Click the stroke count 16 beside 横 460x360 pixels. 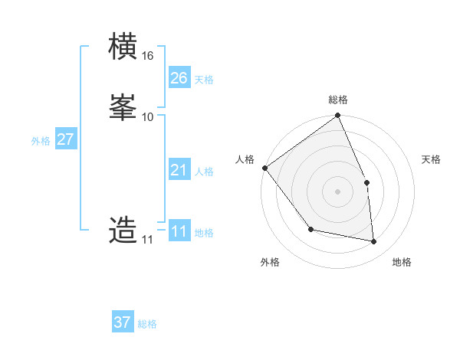[x=148, y=56]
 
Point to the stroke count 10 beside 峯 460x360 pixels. [x=148, y=116]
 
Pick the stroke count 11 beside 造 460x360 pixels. [x=147, y=240]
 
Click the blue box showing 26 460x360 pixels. [x=179, y=78]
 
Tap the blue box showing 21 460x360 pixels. [x=179, y=170]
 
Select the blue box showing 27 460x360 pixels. [x=66, y=139]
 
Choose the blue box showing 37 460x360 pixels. [x=123, y=322]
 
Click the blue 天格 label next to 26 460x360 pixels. [x=204, y=80]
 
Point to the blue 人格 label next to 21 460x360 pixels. [x=204, y=172]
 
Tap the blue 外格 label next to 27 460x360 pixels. [x=41, y=141]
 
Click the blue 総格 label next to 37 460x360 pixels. [x=148, y=324]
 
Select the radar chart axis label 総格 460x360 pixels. [x=338, y=100]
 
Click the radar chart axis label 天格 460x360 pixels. [x=432, y=159]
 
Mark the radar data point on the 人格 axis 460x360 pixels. [x=264, y=168]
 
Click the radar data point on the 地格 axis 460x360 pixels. [x=374, y=241]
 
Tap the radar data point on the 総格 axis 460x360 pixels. [x=338, y=116]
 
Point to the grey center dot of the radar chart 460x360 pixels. [x=338, y=191]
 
